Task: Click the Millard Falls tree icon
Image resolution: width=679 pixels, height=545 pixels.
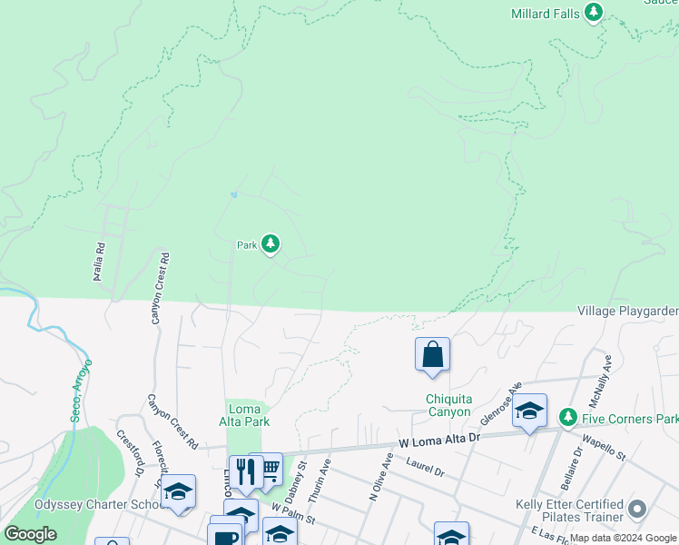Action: [x=594, y=12]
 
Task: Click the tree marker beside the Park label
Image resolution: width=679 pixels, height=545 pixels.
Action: [x=271, y=243]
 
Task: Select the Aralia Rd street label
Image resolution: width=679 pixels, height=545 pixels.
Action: [x=100, y=261]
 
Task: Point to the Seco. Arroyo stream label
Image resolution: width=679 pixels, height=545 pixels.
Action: [x=81, y=391]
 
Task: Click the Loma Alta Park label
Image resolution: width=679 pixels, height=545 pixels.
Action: [x=245, y=414]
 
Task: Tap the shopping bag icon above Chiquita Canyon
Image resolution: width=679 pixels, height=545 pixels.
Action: [x=433, y=354]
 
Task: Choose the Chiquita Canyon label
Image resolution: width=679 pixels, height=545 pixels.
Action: [x=449, y=405]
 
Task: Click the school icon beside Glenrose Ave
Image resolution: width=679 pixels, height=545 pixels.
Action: [x=529, y=411]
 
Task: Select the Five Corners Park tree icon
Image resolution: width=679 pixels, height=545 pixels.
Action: [x=568, y=418]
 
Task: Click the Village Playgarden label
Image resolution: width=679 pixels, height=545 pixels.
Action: [x=627, y=312]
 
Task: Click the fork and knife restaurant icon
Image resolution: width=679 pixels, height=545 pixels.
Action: [x=244, y=471]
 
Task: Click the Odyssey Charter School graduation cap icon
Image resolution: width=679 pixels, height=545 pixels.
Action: [x=179, y=491]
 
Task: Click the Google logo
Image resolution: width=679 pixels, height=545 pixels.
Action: [x=30, y=534]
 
